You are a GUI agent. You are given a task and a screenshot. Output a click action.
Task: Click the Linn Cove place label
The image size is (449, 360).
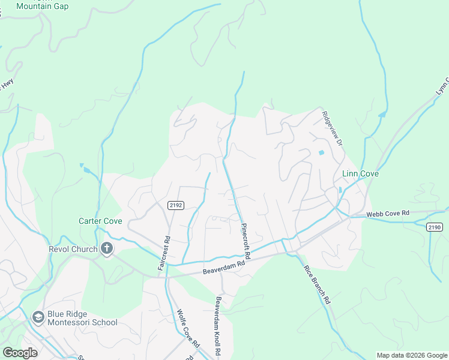point(361,173)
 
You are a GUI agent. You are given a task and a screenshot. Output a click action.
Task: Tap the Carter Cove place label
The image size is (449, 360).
point(100,221)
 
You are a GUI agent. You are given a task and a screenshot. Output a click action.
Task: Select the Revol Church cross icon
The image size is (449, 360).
point(107,248)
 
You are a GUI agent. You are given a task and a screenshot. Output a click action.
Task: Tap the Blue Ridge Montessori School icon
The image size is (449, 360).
point(38,317)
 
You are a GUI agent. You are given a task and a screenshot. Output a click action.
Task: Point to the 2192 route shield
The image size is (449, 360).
point(175,205)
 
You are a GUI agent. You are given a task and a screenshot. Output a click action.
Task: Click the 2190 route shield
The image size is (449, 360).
point(435,227)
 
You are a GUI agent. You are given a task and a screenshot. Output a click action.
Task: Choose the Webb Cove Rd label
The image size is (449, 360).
point(388,213)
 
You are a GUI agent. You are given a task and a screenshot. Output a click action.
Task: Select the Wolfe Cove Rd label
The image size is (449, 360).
point(188,328)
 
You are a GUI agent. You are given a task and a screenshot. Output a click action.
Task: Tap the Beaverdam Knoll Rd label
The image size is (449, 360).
point(218,327)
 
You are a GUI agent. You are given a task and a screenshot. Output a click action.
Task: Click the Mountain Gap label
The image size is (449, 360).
point(43,6)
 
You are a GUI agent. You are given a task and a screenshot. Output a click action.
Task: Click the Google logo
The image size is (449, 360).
point(20,353)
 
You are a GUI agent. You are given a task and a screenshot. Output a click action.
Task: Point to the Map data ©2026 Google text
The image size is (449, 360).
point(411,355)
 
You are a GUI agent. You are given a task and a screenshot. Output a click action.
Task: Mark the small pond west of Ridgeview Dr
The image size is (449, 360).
point(321,152)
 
